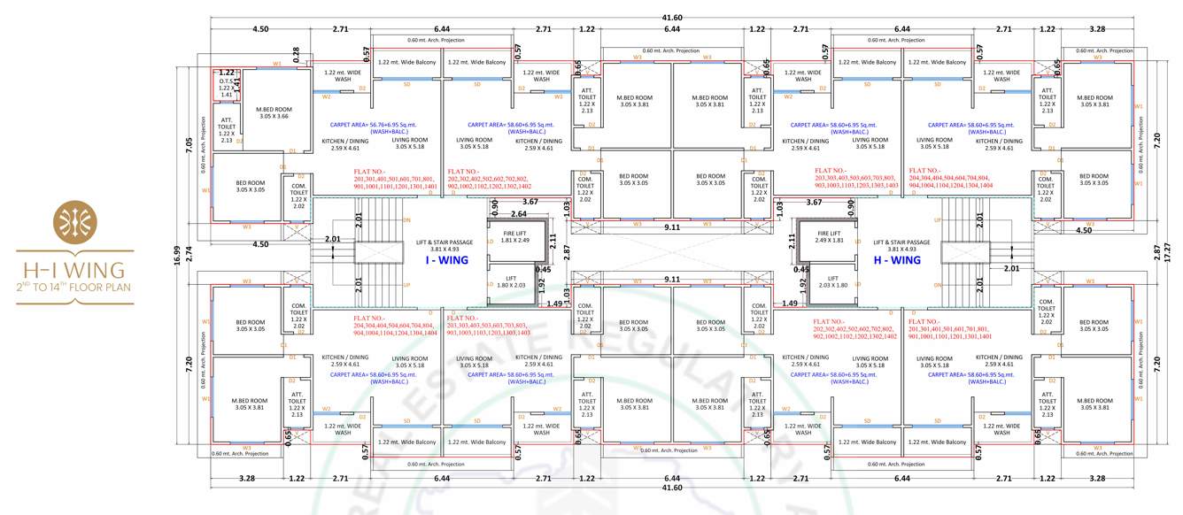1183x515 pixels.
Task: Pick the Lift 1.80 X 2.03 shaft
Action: coord(511,285)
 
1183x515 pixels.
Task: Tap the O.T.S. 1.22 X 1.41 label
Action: coord(227,87)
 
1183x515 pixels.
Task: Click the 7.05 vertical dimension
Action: coord(188,145)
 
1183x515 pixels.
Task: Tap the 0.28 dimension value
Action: coord(296,55)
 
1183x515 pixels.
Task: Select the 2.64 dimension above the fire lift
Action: coord(519,213)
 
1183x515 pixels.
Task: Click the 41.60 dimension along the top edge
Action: coord(672,18)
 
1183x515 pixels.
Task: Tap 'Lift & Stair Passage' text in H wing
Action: coord(901,242)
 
